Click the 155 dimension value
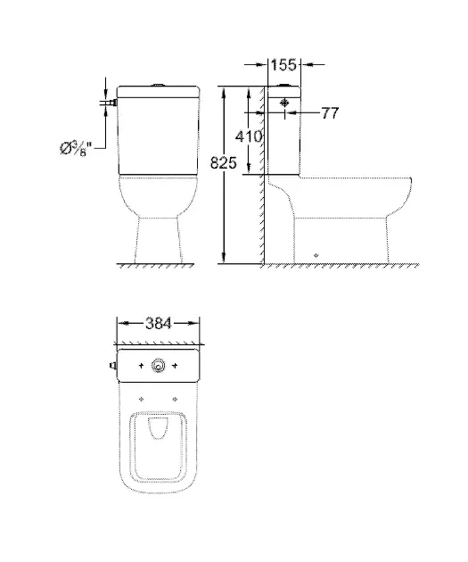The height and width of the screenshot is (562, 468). [283, 65]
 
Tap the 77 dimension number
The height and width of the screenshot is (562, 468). [330, 113]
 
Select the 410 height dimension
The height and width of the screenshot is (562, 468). [249, 136]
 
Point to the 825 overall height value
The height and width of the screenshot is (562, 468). [224, 162]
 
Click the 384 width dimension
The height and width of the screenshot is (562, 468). [159, 323]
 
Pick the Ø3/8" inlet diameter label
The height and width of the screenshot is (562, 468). [76, 148]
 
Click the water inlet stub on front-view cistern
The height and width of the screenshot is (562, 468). [115, 103]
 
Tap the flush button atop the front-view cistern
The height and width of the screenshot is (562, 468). [159, 85]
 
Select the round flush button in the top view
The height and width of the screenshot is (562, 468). [158, 365]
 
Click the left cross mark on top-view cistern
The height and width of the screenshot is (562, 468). [141, 366]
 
